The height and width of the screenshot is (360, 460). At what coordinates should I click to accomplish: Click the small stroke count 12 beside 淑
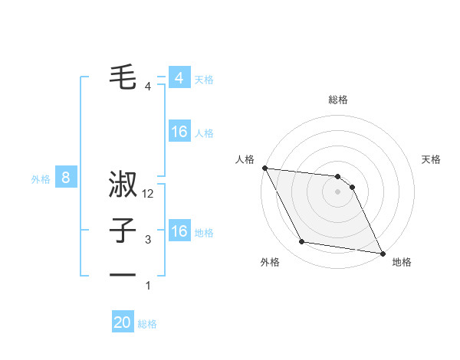148,195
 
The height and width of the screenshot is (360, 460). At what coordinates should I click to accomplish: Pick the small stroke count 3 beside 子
148,241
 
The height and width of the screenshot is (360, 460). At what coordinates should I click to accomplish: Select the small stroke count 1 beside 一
148,286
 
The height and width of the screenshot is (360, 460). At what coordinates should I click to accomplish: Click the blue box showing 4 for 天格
179,78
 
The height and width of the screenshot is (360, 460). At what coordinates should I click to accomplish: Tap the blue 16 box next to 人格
179,132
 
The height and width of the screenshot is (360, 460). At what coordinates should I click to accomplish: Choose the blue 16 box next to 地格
179,231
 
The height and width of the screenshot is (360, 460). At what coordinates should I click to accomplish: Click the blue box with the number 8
66,178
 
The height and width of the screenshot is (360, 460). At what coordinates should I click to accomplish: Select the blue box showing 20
123,322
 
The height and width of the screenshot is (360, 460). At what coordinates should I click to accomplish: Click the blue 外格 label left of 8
41,179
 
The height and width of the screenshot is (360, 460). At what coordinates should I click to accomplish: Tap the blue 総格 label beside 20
147,324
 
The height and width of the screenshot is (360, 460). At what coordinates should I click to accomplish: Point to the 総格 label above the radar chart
337,100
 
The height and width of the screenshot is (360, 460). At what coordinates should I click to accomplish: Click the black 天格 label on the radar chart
432,159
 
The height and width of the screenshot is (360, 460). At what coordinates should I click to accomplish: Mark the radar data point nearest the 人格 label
264,168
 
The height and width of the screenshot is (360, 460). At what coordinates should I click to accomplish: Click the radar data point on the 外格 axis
302,242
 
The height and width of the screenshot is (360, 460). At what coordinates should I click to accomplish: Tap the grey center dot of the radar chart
337,191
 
